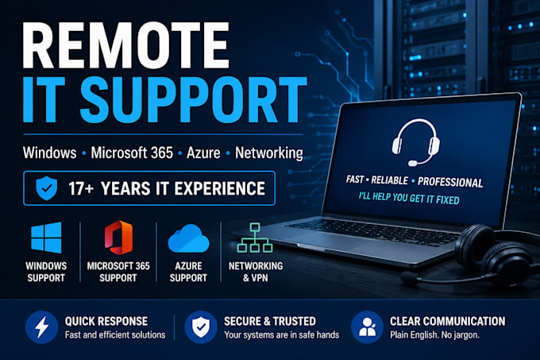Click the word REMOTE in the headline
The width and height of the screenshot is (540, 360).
[x=125, y=45]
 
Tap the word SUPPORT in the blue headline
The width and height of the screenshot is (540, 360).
[x=194, y=99]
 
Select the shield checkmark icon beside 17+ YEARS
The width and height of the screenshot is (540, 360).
[x=47, y=188]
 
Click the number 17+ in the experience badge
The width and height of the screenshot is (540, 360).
[x=80, y=188]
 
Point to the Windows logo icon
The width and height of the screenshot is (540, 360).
[x=46, y=238]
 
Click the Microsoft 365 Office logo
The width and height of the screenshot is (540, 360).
[x=118, y=238]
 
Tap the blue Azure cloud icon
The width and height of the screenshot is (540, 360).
[x=188, y=238]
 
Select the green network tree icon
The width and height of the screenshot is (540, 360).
[x=255, y=238]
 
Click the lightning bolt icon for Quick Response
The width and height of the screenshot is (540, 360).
[x=41, y=327]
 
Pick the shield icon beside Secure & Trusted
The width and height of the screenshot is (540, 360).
[x=200, y=327]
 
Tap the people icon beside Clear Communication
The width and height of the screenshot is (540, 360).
[x=367, y=327]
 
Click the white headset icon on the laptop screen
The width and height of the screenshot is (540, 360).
[x=415, y=142]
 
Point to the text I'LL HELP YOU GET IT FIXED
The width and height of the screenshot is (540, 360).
[x=409, y=198]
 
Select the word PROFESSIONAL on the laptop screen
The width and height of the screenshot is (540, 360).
[x=450, y=182]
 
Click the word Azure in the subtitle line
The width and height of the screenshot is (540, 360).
[x=203, y=153]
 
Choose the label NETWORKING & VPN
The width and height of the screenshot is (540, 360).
[x=256, y=272]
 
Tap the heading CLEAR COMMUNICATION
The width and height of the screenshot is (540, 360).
[x=447, y=321]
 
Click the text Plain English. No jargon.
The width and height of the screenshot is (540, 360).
[x=434, y=335]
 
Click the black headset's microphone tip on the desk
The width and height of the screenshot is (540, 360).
[x=409, y=277]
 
